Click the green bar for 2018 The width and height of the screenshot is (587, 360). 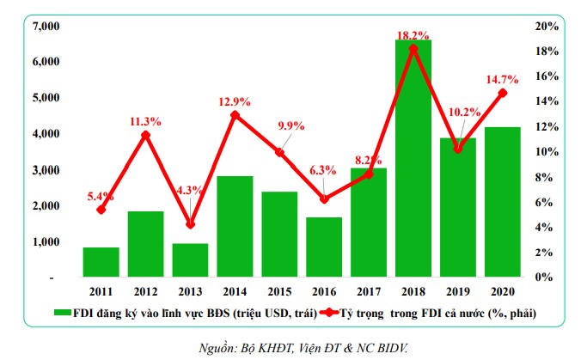pyautogui.click(x=413, y=159)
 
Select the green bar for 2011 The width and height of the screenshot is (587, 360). pyautogui.click(x=101, y=262)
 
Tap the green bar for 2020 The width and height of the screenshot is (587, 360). pyautogui.click(x=503, y=202)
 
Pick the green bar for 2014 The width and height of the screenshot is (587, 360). pyautogui.click(x=235, y=227)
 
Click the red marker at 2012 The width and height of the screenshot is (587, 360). pyautogui.click(x=145, y=135)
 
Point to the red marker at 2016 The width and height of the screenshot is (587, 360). pyautogui.click(x=324, y=198)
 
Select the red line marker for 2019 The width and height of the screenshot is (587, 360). pyautogui.click(x=458, y=149)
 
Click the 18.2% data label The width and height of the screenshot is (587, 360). pyautogui.click(x=414, y=34)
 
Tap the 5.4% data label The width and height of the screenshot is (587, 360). pyautogui.click(x=101, y=195)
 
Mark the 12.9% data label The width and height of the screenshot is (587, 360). pyautogui.click(x=235, y=101)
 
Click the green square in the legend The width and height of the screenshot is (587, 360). pyautogui.click(x=64, y=312)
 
